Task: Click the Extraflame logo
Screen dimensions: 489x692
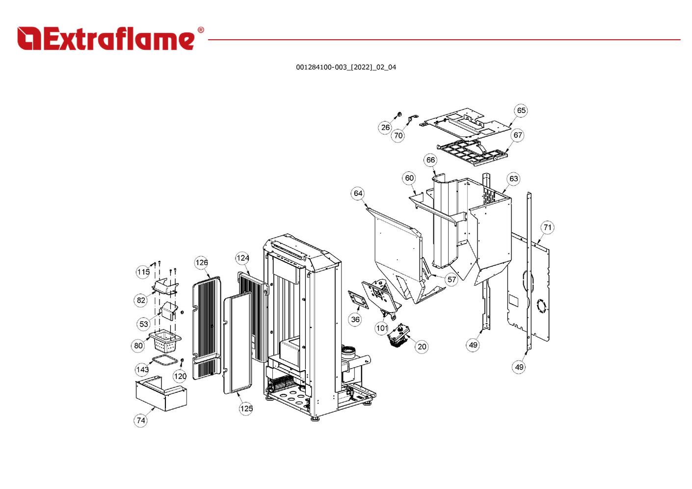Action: (x=106, y=39)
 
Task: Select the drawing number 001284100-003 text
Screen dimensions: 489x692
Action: (x=346, y=67)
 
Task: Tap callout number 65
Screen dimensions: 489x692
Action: (x=521, y=110)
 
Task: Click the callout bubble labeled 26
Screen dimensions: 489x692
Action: (x=385, y=128)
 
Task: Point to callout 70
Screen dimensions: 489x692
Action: (x=398, y=136)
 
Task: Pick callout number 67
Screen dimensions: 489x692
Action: (x=518, y=135)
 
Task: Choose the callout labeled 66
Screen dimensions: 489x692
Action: (x=430, y=160)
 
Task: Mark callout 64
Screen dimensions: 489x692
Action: (x=358, y=193)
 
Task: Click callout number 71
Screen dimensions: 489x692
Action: (x=547, y=227)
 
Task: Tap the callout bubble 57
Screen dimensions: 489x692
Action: (x=452, y=280)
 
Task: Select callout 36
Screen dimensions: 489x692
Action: (x=355, y=320)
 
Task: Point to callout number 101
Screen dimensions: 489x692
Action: (x=382, y=328)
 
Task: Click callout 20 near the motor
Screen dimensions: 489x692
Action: (x=422, y=347)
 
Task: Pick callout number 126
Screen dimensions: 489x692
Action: (x=202, y=263)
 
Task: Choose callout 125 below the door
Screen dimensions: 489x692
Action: (x=246, y=408)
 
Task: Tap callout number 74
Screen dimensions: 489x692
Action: (x=141, y=420)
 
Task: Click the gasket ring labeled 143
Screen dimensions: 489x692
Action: (x=164, y=362)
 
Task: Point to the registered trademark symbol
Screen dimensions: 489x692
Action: (x=201, y=30)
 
